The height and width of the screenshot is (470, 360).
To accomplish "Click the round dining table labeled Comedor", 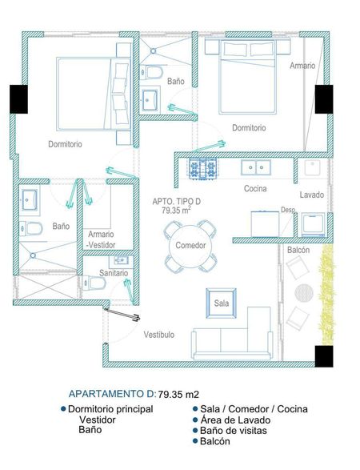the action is (x=190, y=246).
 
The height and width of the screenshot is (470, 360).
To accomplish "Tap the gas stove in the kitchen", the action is (x=202, y=168).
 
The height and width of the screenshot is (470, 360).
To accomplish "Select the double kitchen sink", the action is (x=256, y=167).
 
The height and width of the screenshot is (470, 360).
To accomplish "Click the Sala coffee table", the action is (x=222, y=303).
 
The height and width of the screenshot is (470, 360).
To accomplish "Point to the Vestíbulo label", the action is (x=159, y=335).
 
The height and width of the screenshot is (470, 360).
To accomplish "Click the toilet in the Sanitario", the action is (x=94, y=283).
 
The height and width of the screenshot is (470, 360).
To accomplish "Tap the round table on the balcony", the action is (x=304, y=293).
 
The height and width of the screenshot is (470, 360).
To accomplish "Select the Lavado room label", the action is (x=312, y=195).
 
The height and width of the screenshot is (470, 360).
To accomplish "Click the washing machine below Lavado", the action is (x=313, y=224).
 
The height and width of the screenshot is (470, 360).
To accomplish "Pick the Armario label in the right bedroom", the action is (x=302, y=66).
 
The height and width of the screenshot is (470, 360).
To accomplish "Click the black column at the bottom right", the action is (x=324, y=356).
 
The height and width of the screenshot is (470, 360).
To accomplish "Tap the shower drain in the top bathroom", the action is (x=153, y=51).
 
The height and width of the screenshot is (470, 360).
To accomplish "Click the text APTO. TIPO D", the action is (x=177, y=202).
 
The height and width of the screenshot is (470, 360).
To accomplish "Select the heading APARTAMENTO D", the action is (x=111, y=394).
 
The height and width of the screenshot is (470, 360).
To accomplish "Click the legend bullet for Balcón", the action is (x=195, y=441).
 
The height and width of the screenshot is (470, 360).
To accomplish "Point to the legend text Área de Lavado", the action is (x=235, y=420).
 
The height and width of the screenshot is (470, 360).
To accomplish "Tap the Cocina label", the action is (x=255, y=188).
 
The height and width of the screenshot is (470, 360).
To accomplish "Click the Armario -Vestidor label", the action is (x=102, y=239).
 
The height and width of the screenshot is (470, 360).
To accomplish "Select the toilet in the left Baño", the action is (x=31, y=229).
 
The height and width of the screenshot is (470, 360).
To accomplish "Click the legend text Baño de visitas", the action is (x=234, y=431).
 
